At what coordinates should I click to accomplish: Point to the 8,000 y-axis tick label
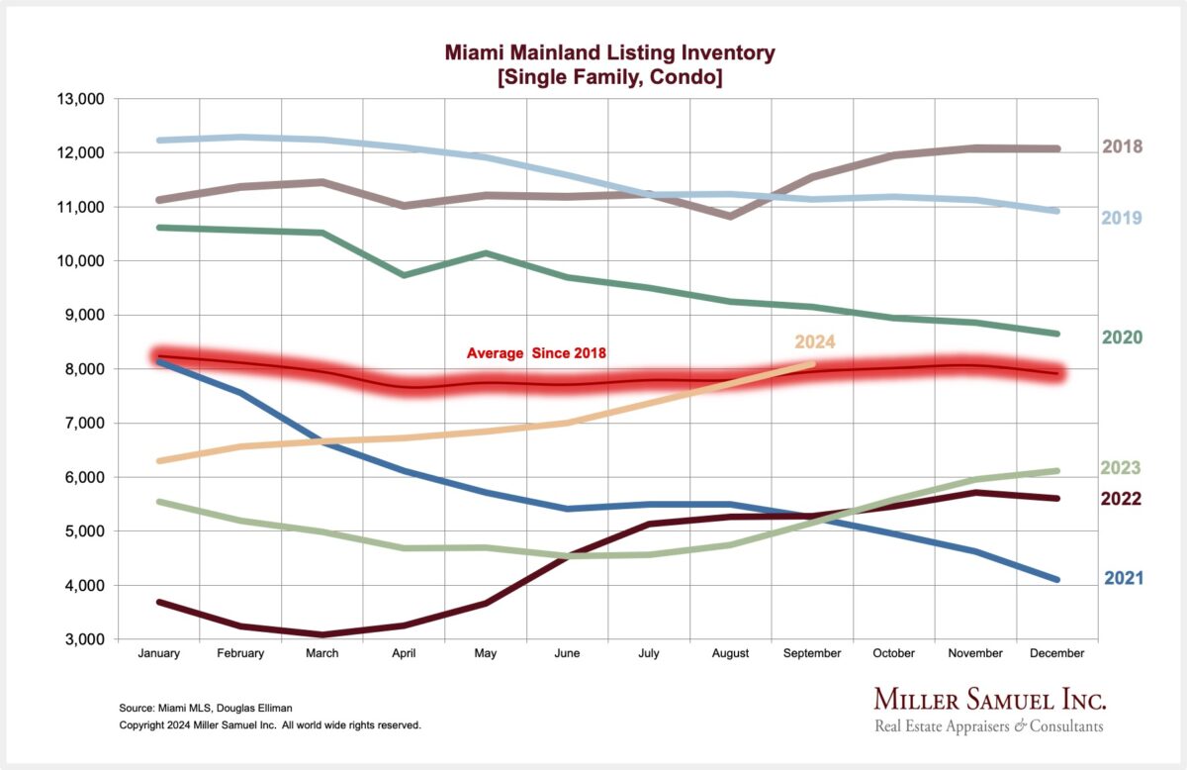79,369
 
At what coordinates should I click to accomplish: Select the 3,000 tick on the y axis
79,639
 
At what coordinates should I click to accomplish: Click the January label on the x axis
157,653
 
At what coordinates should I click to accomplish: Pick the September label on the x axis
812,653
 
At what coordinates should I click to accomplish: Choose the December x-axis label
1057,653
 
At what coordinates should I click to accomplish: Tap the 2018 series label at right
1122,146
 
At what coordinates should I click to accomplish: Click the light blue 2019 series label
1122,218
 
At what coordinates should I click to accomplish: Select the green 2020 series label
1122,337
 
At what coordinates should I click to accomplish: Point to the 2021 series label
1122,578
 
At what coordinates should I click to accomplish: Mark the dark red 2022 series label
1122,499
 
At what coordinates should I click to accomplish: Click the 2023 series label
1122,468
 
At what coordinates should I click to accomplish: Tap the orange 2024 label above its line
814,342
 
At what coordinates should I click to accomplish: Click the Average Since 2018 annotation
536,353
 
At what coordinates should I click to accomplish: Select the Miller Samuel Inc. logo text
989,699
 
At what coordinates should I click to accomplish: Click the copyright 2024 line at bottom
270,725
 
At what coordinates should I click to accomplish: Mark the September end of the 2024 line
812,364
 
